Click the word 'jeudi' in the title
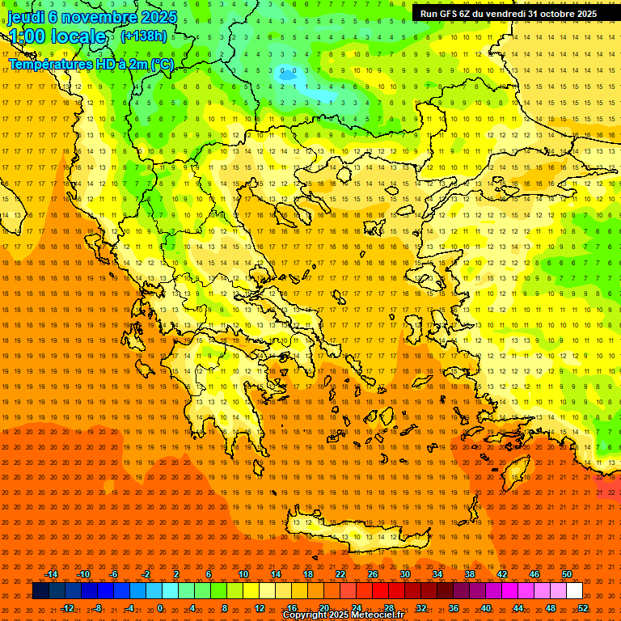click(x=26, y=17)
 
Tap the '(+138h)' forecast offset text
click(x=144, y=36)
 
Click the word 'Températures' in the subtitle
click(x=48, y=64)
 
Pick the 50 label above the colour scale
click(x=567, y=574)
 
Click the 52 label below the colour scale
click(x=583, y=607)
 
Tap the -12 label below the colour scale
click(x=67, y=607)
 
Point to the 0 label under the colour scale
click(x=160, y=607)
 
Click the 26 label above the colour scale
click(x=373, y=574)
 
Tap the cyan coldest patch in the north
click(x=323, y=95)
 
